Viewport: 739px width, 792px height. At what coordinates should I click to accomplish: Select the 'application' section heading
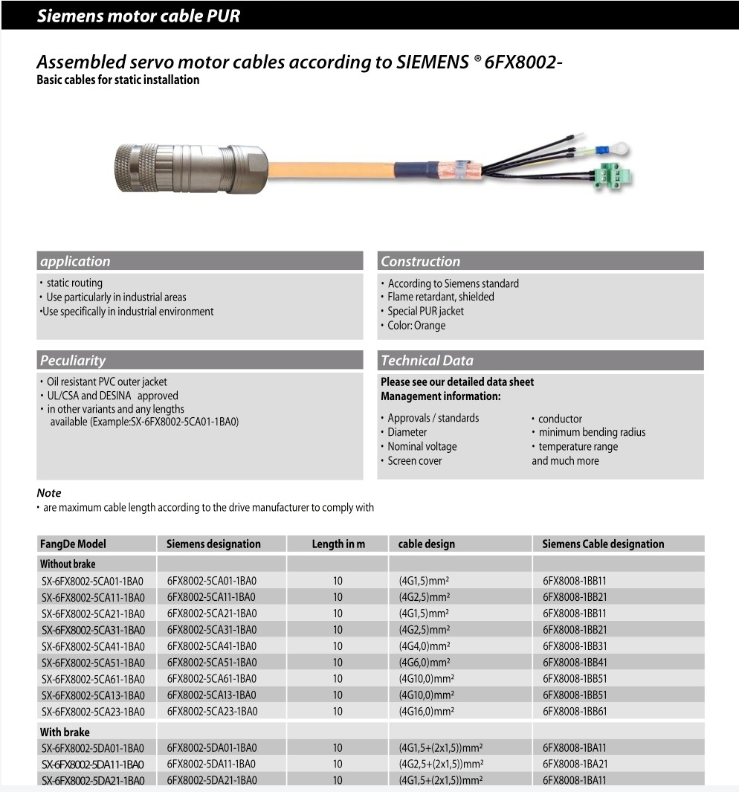pos(75,261)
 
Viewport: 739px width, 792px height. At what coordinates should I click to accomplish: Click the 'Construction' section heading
pos(421,261)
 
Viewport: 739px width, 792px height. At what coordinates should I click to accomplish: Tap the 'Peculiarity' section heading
pos(73,361)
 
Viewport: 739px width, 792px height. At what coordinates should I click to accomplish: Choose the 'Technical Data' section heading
pos(427,361)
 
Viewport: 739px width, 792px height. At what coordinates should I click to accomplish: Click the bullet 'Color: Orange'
pos(416,326)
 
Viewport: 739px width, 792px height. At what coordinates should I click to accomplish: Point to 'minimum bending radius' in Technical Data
pos(592,432)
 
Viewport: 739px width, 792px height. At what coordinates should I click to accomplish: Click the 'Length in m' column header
pos(338,544)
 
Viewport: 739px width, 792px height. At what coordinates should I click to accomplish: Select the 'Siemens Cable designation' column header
pos(603,544)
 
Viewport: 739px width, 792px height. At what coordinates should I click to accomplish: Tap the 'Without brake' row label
pos(68,564)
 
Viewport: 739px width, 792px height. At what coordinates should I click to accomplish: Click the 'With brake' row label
pos(65,732)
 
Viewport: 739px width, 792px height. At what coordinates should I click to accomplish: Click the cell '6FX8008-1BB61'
pos(575,712)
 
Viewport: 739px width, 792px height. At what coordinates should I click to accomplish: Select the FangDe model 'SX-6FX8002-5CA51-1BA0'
pos(93,663)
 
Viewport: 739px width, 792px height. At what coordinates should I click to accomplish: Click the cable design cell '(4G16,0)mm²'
pos(421,712)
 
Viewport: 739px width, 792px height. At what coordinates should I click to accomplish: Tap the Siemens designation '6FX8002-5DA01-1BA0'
pos(212,747)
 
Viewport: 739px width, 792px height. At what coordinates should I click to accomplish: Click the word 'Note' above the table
pos(49,493)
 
